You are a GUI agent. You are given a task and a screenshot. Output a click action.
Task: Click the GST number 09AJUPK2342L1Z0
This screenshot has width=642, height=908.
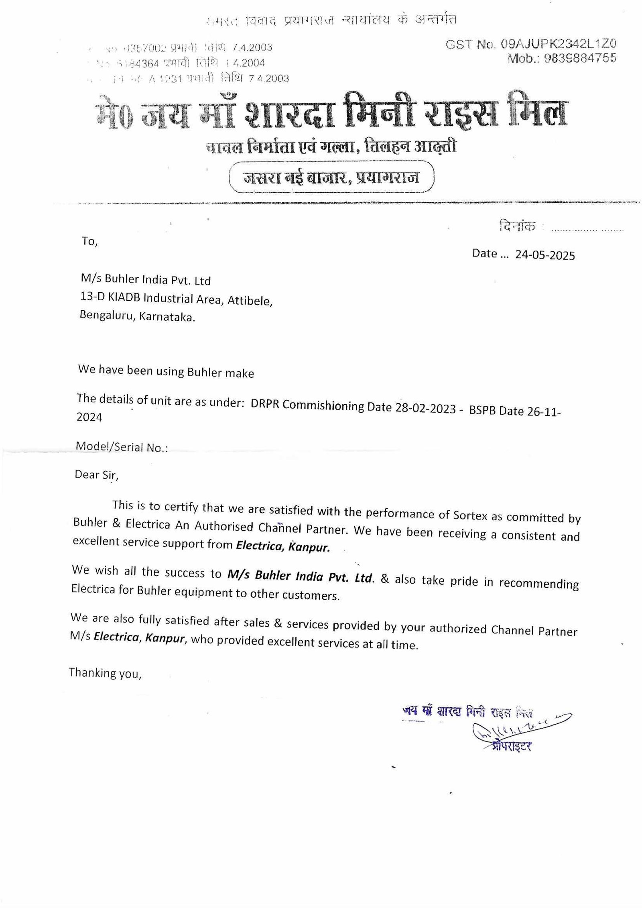tap(558, 44)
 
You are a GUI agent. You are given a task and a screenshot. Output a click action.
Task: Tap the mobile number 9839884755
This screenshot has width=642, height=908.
tap(580, 59)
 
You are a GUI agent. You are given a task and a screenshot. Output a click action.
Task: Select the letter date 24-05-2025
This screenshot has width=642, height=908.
tap(545, 255)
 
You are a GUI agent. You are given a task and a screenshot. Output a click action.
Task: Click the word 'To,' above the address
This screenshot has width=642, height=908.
tap(89, 241)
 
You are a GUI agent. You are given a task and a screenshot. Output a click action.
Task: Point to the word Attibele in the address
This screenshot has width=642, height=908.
tap(250, 300)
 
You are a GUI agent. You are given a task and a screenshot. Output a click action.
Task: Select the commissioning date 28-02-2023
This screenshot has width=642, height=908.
tap(425, 408)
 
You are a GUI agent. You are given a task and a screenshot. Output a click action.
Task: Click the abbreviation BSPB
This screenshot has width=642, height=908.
tap(483, 410)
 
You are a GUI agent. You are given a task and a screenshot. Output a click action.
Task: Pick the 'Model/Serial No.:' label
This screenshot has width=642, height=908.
tap(122, 447)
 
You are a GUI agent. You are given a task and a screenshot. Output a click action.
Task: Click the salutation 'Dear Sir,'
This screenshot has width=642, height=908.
tap(96, 475)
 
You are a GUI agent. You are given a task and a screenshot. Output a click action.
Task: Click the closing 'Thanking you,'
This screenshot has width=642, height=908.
tap(105, 673)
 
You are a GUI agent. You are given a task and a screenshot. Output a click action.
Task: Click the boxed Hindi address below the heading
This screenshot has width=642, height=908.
tap(331, 177)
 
